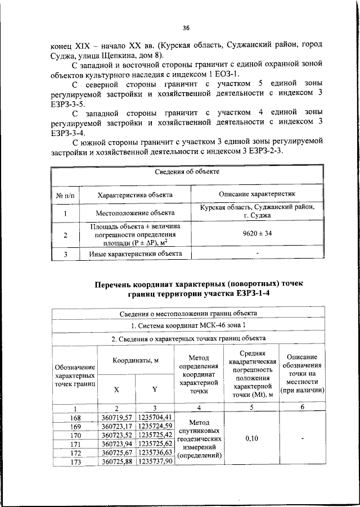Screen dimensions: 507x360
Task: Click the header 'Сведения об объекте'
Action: [x=187, y=171]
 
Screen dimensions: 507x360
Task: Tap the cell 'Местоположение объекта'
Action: [x=134, y=213]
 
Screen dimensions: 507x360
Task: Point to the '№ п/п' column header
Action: [x=66, y=194]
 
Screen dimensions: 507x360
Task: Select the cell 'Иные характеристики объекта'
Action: [x=134, y=254]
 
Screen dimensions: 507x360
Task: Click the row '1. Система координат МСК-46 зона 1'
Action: [x=188, y=325]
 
